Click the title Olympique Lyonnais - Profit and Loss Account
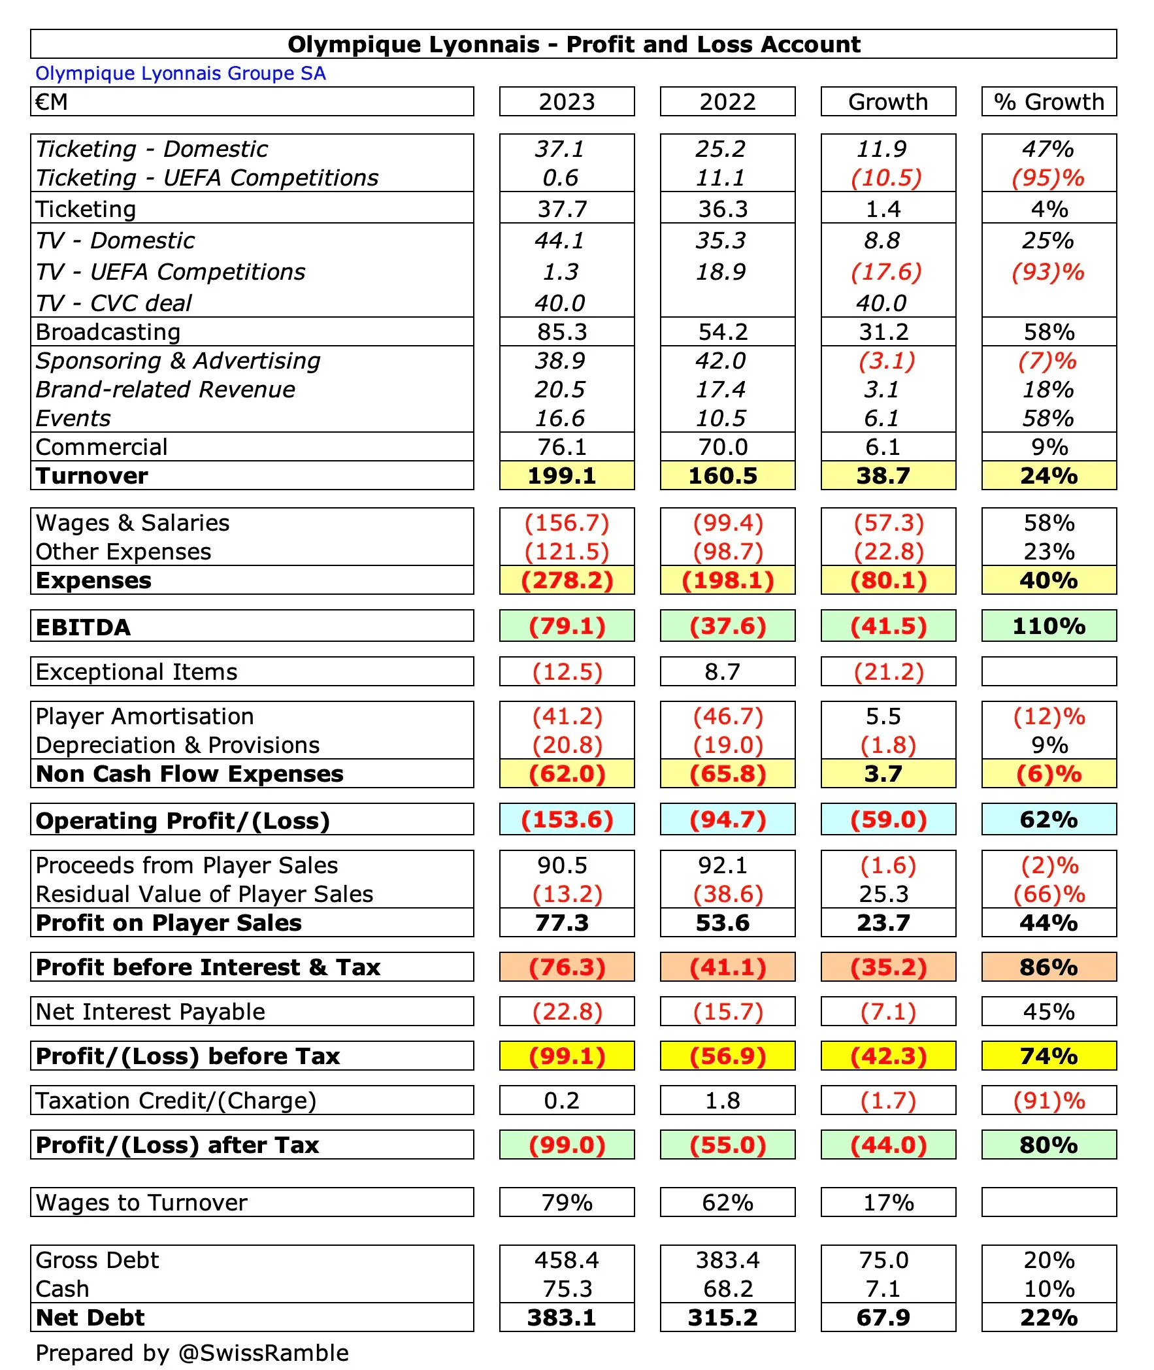pos(573,44)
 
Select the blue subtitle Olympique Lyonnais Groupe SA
pos(180,73)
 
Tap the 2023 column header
pos(567,102)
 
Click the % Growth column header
pos(1049,102)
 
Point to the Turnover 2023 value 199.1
pos(562,476)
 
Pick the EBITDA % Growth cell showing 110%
pos(1049,626)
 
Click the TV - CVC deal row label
pos(114,303)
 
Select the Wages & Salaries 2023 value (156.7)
pos(567,523)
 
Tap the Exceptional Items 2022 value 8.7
pos(722,672)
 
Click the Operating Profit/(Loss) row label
pos(182,820)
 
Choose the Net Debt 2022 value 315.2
pos(722,1317)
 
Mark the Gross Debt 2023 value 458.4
pos(567,1260)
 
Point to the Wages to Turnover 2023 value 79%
pos(567,1203)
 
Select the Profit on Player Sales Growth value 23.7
pos(883,922)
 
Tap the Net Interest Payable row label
pos(150,1011)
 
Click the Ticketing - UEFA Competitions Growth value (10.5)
pos(886,178)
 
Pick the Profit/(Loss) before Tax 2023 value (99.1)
pos(567,1056)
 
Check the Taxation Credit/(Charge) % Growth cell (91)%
pos(1049,1101)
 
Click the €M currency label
pos(52,102)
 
